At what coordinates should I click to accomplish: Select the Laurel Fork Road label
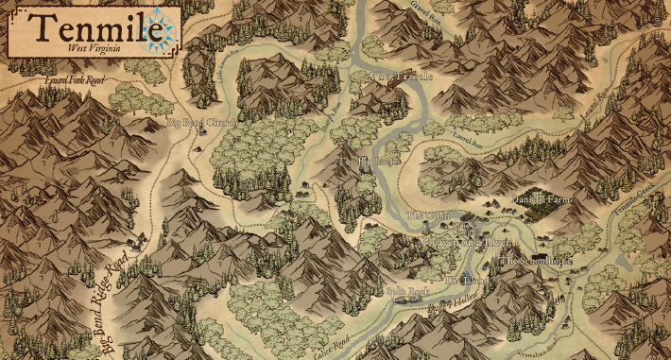pyautogui.click(x=76, y=83)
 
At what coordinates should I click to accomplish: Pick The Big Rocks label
pyautogui.click(x=368, y=163)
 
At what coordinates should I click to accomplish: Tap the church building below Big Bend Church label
pyautogui.click(x=200, y=136)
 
